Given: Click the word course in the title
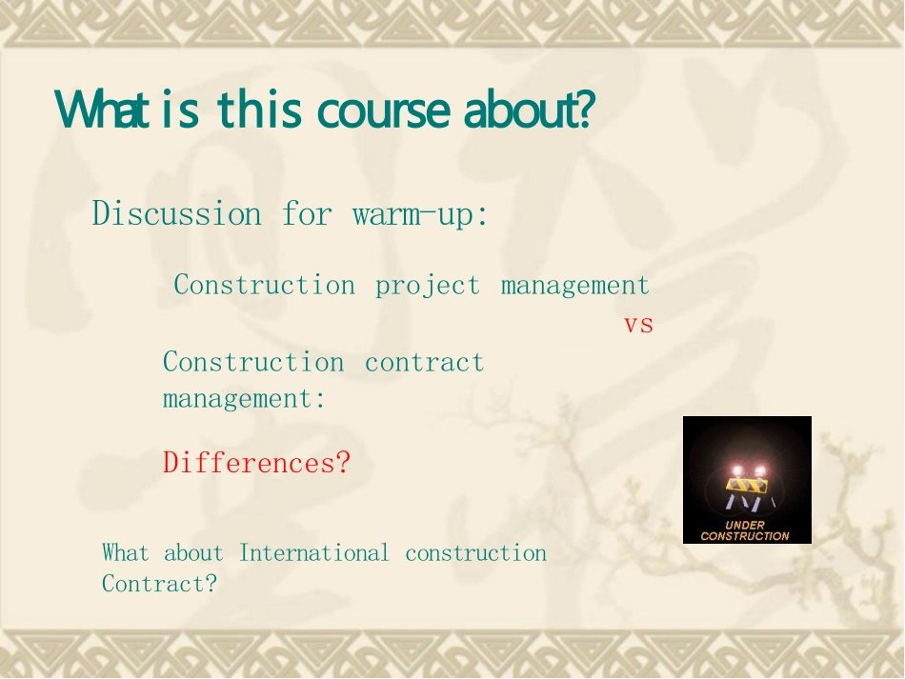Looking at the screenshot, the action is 383,110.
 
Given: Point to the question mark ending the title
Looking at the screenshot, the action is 587,109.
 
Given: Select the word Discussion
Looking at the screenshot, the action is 176,213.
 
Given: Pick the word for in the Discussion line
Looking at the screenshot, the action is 307,213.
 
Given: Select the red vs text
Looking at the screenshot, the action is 638,325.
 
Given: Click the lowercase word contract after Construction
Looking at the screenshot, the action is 424,363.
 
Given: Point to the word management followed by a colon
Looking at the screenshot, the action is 244,399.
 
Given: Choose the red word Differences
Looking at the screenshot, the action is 257,463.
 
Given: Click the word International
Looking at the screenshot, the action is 314,552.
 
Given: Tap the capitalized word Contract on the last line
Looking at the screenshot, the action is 159,583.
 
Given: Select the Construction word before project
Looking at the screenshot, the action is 264,285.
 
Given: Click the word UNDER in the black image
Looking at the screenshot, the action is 745,525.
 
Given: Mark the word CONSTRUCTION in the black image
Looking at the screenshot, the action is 745,536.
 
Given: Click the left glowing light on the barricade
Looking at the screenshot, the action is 737,471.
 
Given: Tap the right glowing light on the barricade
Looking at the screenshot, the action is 760,471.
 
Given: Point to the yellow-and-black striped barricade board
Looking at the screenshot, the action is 747,486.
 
